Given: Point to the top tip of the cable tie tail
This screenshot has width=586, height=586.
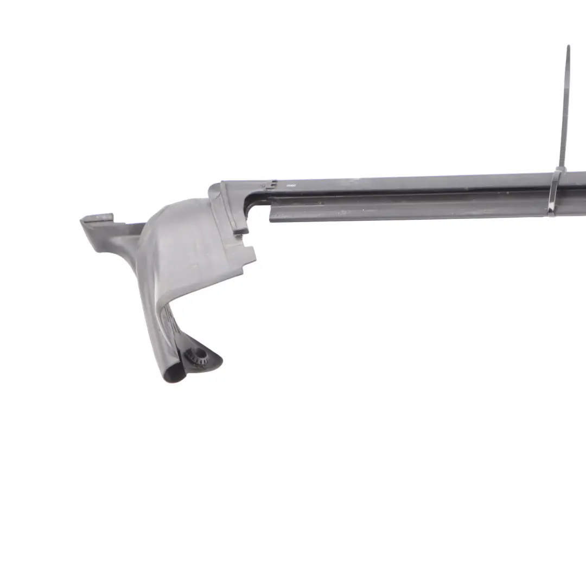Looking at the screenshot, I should coord(568,47).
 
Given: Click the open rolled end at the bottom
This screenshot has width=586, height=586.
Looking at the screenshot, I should coord(175,373).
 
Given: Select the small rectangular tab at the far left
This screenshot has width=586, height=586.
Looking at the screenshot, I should coord(98,219).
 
